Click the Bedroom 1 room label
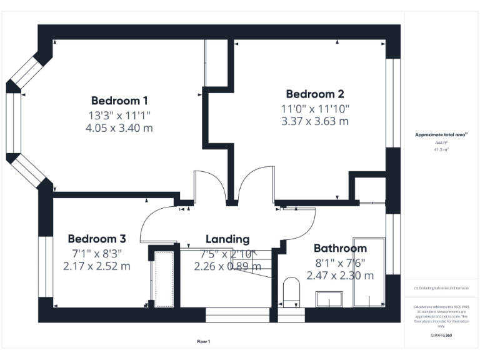pos(119,101)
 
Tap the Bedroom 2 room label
pos(315,94)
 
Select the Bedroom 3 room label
pos(97,239)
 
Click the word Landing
pos(227,239)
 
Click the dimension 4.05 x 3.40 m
pos(119,128)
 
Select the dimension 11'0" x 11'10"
pos(315,108)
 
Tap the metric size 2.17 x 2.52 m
pos(97,266)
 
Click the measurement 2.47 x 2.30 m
pos(340,275)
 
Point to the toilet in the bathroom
pos(291,292)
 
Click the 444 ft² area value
pos(441,143)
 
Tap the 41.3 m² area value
pos(441,150)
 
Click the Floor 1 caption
pos(204,342)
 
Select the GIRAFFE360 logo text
pos(441,336)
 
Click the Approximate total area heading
pos(441,134)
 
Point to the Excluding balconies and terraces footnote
pos(441,288)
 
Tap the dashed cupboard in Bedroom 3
pos(164,279)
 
